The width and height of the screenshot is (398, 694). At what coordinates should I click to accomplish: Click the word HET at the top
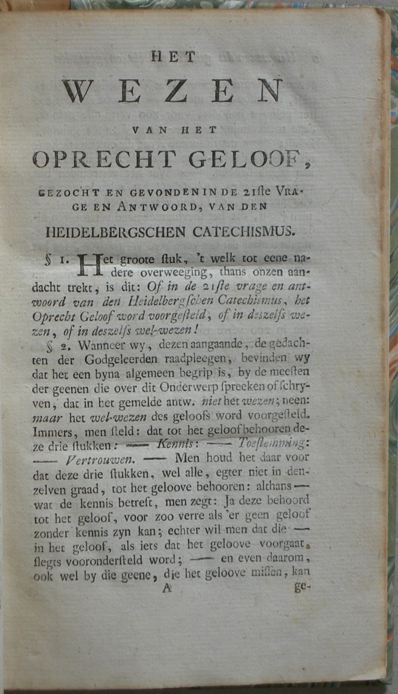[174, 57]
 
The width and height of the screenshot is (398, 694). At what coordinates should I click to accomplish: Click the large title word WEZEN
[173, 91]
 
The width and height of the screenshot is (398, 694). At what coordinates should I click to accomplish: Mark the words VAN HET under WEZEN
[174, 130]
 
